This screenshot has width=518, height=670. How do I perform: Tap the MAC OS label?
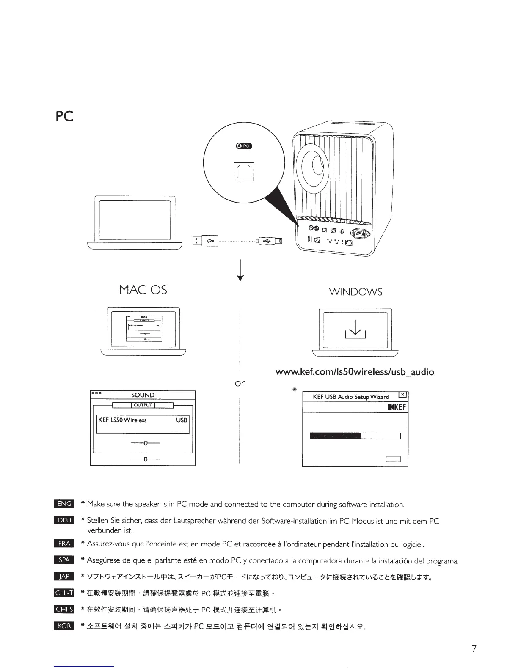143,290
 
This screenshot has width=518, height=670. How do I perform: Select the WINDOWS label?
355,292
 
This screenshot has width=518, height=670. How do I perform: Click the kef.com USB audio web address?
355,372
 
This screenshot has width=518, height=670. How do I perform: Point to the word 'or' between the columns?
240,383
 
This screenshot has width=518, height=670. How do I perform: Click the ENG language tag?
64,503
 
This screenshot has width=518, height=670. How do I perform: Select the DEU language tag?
64,521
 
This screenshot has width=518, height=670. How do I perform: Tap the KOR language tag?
64,626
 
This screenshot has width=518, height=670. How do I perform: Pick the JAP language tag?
64,577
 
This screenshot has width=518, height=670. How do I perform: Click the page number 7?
474,648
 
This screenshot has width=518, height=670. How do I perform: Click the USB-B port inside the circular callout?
244,171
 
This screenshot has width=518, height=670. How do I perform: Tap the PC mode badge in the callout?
244,146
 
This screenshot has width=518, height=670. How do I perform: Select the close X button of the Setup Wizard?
403,395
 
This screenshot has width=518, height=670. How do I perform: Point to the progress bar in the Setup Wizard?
355,436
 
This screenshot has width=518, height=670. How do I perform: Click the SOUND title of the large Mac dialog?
143,395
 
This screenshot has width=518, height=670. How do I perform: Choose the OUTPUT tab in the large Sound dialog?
143,405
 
